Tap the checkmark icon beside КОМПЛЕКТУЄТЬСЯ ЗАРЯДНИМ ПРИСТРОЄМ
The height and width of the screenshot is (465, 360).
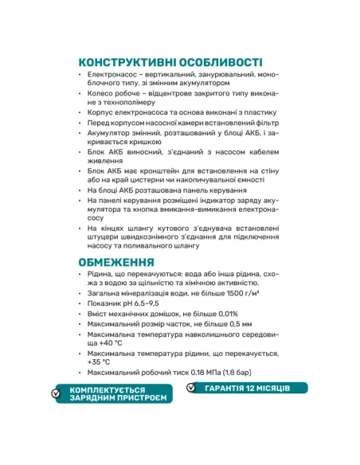point(56,393)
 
